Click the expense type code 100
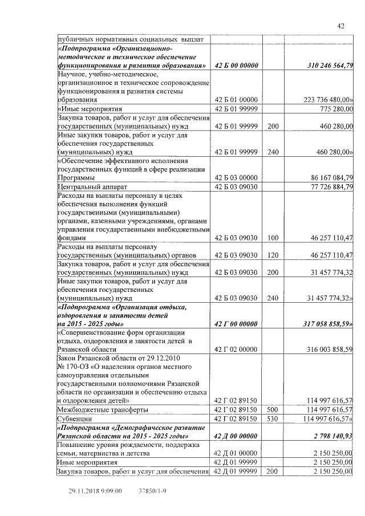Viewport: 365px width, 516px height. tap(273, 238)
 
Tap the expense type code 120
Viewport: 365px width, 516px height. tap(273, 255)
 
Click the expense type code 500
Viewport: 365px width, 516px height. tap(273, 409)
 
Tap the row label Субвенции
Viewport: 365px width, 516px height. tap(75, 419)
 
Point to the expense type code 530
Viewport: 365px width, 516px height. tap(273, 419)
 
